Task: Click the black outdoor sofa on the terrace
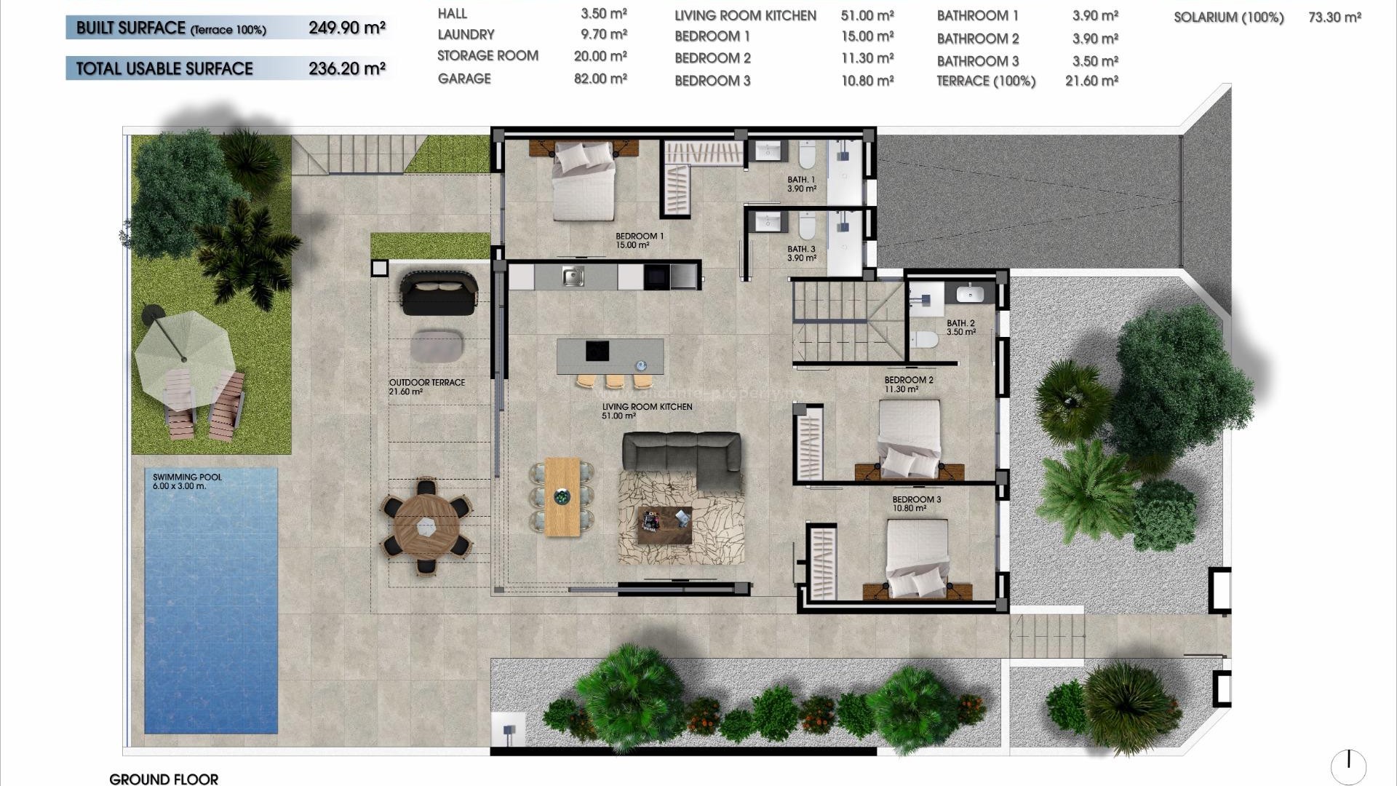[x=439, y=293]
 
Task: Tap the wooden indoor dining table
[x=562, y=496]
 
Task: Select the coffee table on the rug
[x=664, y=525]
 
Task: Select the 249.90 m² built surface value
[x=346, y=28]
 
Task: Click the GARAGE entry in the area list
[x=464, y=79]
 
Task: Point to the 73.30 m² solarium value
[x=1334, y=17]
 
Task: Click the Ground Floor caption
[x=164, y=779]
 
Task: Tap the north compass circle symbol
[x=1348, y=766]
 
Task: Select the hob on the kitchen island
[x=597, y=351]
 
